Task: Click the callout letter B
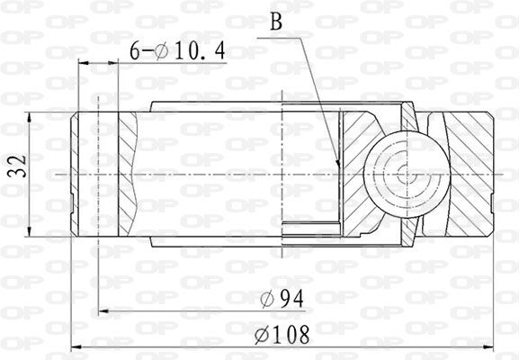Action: point(276,22)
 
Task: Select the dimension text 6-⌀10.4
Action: point(178,51)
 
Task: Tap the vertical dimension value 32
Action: point(18,166)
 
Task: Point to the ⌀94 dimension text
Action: point(282,299)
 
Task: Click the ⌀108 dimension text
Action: point(282,335)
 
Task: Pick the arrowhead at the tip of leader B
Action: point(338,164)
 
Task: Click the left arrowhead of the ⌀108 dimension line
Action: point(76,347)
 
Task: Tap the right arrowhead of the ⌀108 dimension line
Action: point(488,347)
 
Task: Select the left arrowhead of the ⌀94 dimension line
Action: point(104,311)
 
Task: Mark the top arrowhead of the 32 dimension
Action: point(30,117)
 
